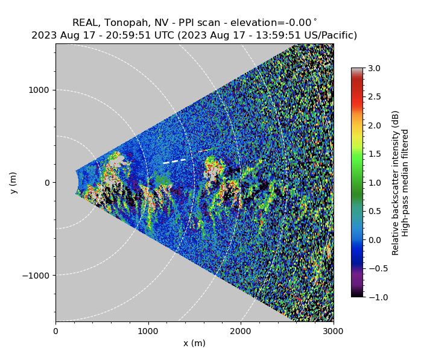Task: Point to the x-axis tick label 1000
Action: click(148, 330)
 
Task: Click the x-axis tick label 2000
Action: click(241, 330)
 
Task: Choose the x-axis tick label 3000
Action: click(333, 330)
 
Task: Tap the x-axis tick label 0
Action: click(55, 330)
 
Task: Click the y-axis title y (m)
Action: click(13, 183)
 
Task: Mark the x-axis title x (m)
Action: click(194, 343)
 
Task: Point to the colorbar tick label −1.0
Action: click(373, 297)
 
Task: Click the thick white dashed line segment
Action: click(175, 161)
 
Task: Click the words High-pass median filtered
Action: click(406, 183)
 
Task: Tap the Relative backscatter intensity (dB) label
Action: click(396, 183)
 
